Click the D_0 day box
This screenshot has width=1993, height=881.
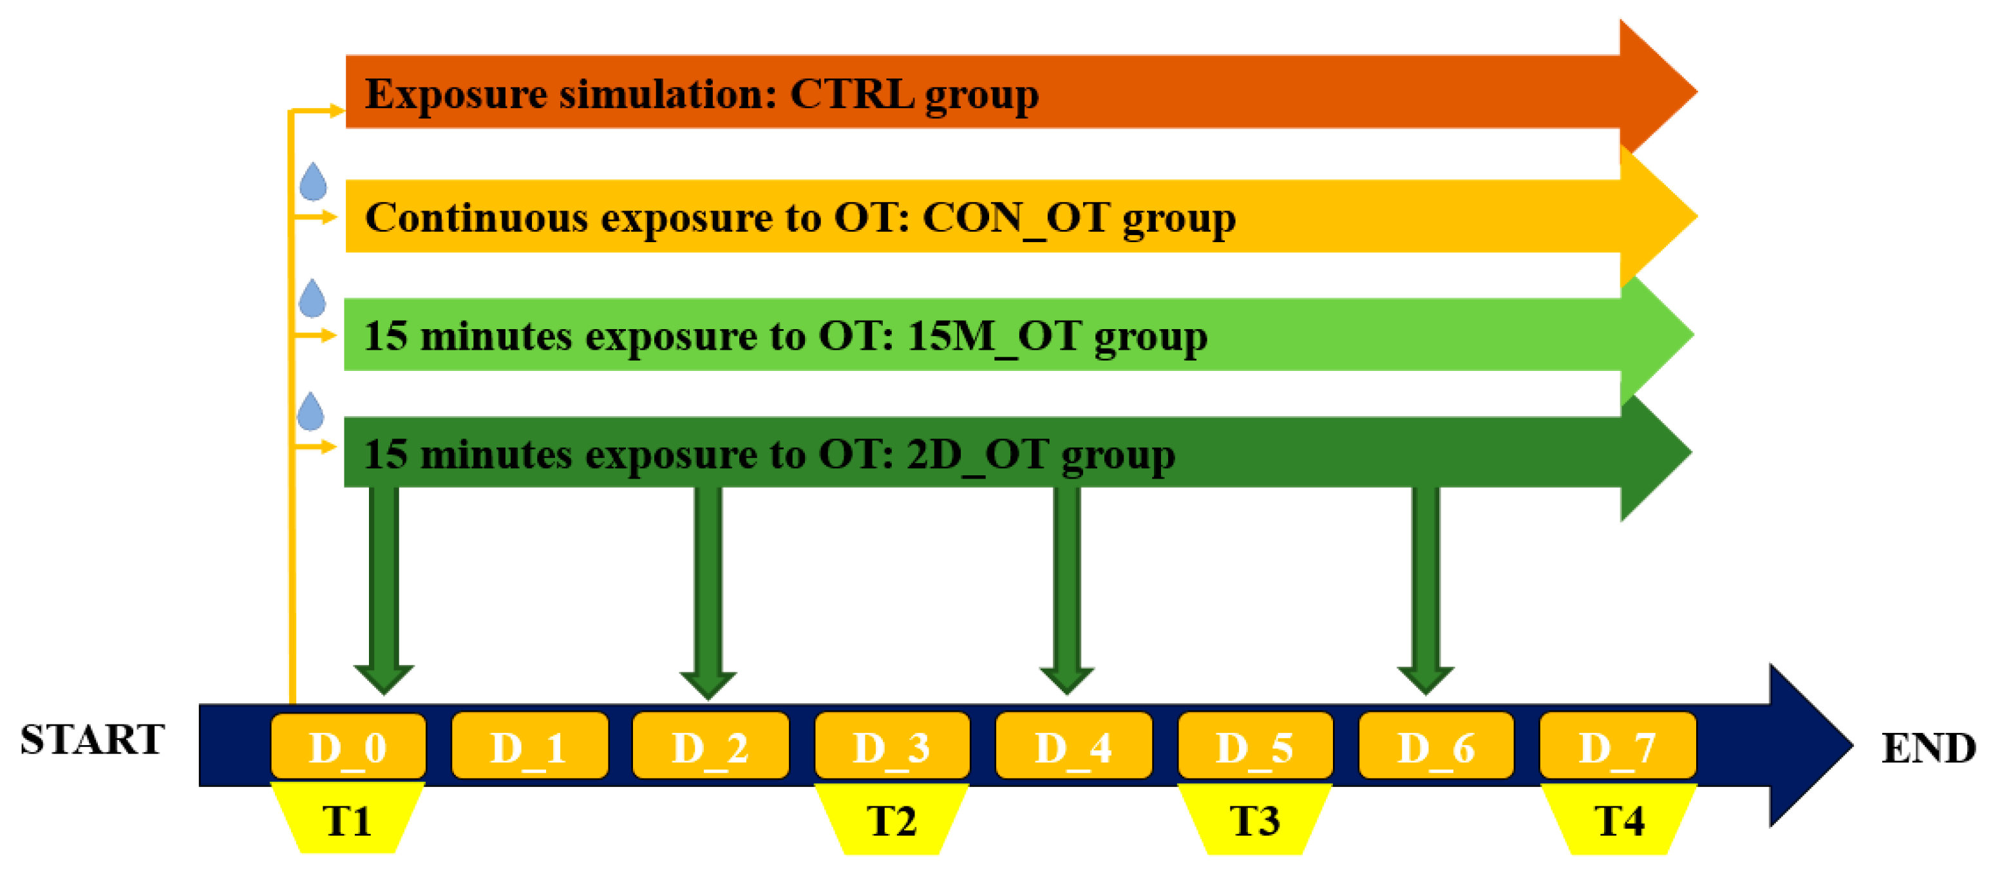348,746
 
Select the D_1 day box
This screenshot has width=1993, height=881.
530,746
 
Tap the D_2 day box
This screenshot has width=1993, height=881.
710,746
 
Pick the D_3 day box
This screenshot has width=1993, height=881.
892,746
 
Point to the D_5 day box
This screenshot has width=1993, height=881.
1255,746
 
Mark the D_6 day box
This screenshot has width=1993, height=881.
1436,746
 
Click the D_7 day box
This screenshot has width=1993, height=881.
1618,746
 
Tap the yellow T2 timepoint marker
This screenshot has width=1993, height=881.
892,820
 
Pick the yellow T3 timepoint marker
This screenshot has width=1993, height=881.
1255,820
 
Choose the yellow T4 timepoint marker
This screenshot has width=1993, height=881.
1620,820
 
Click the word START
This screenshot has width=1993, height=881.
93,739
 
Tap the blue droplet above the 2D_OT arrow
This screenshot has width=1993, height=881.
311,412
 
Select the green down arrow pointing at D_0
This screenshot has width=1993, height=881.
384,588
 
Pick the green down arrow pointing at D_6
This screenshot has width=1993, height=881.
1426,588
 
